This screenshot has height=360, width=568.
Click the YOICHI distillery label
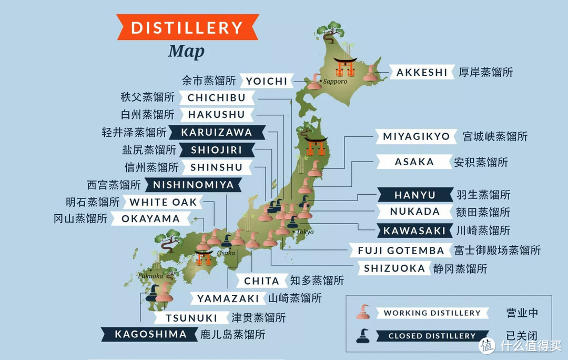point(267,81)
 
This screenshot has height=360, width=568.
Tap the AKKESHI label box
point(422,72)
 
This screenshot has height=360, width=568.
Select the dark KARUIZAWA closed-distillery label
point(217,132)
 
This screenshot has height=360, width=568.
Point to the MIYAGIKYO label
point(416,137)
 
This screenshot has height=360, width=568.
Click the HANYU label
point(415,195)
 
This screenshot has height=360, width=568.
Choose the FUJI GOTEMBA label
point(401,251)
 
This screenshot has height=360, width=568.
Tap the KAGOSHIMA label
point(144,334)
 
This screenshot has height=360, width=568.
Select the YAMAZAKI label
point(228,299)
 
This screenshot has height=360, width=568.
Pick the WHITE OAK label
point(163,202)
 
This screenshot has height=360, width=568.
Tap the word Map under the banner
point(186,52)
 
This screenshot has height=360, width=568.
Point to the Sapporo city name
point(335,82)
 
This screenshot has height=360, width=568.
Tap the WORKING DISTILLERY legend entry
point(431,313)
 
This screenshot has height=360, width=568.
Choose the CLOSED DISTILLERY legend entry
point(431,336)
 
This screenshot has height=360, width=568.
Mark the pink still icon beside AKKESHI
point(371,74)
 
